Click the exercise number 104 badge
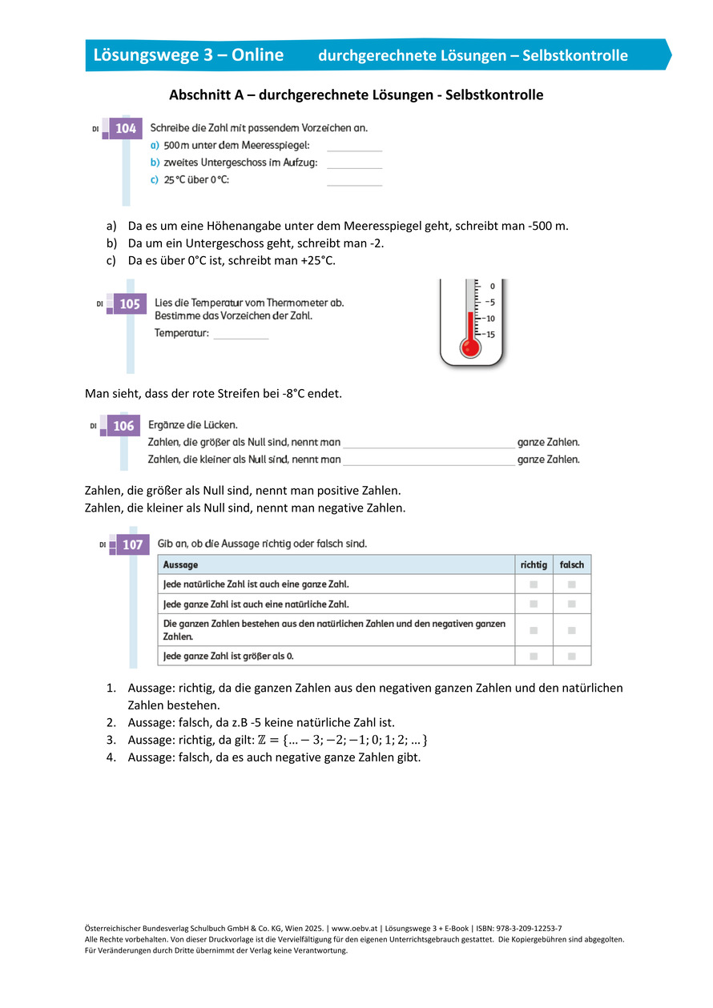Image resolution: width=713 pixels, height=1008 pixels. tap(126, 128)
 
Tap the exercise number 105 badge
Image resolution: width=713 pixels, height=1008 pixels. tap(129, 304)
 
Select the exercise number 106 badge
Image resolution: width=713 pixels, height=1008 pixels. tap(123, 426)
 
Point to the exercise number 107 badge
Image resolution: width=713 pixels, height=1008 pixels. tap(132, 545)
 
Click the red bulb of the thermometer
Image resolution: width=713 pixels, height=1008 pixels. tap(469, 347)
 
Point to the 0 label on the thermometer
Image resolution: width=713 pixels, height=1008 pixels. tap(492, 286)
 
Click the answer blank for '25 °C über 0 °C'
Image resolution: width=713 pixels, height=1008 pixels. tap(354, 181)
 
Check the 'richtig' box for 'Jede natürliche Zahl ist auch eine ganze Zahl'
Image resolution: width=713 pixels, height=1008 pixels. tap(533, 584)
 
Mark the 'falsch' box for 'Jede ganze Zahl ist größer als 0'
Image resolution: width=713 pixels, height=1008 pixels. tap(572, 657)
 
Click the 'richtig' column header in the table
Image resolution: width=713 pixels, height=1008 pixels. tap(534, 564)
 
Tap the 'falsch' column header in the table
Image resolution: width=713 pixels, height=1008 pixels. tap(572, 564)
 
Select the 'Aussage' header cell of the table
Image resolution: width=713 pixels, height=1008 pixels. tap(181, 564)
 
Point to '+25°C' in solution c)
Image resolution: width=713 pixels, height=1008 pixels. tap(317, 260)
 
